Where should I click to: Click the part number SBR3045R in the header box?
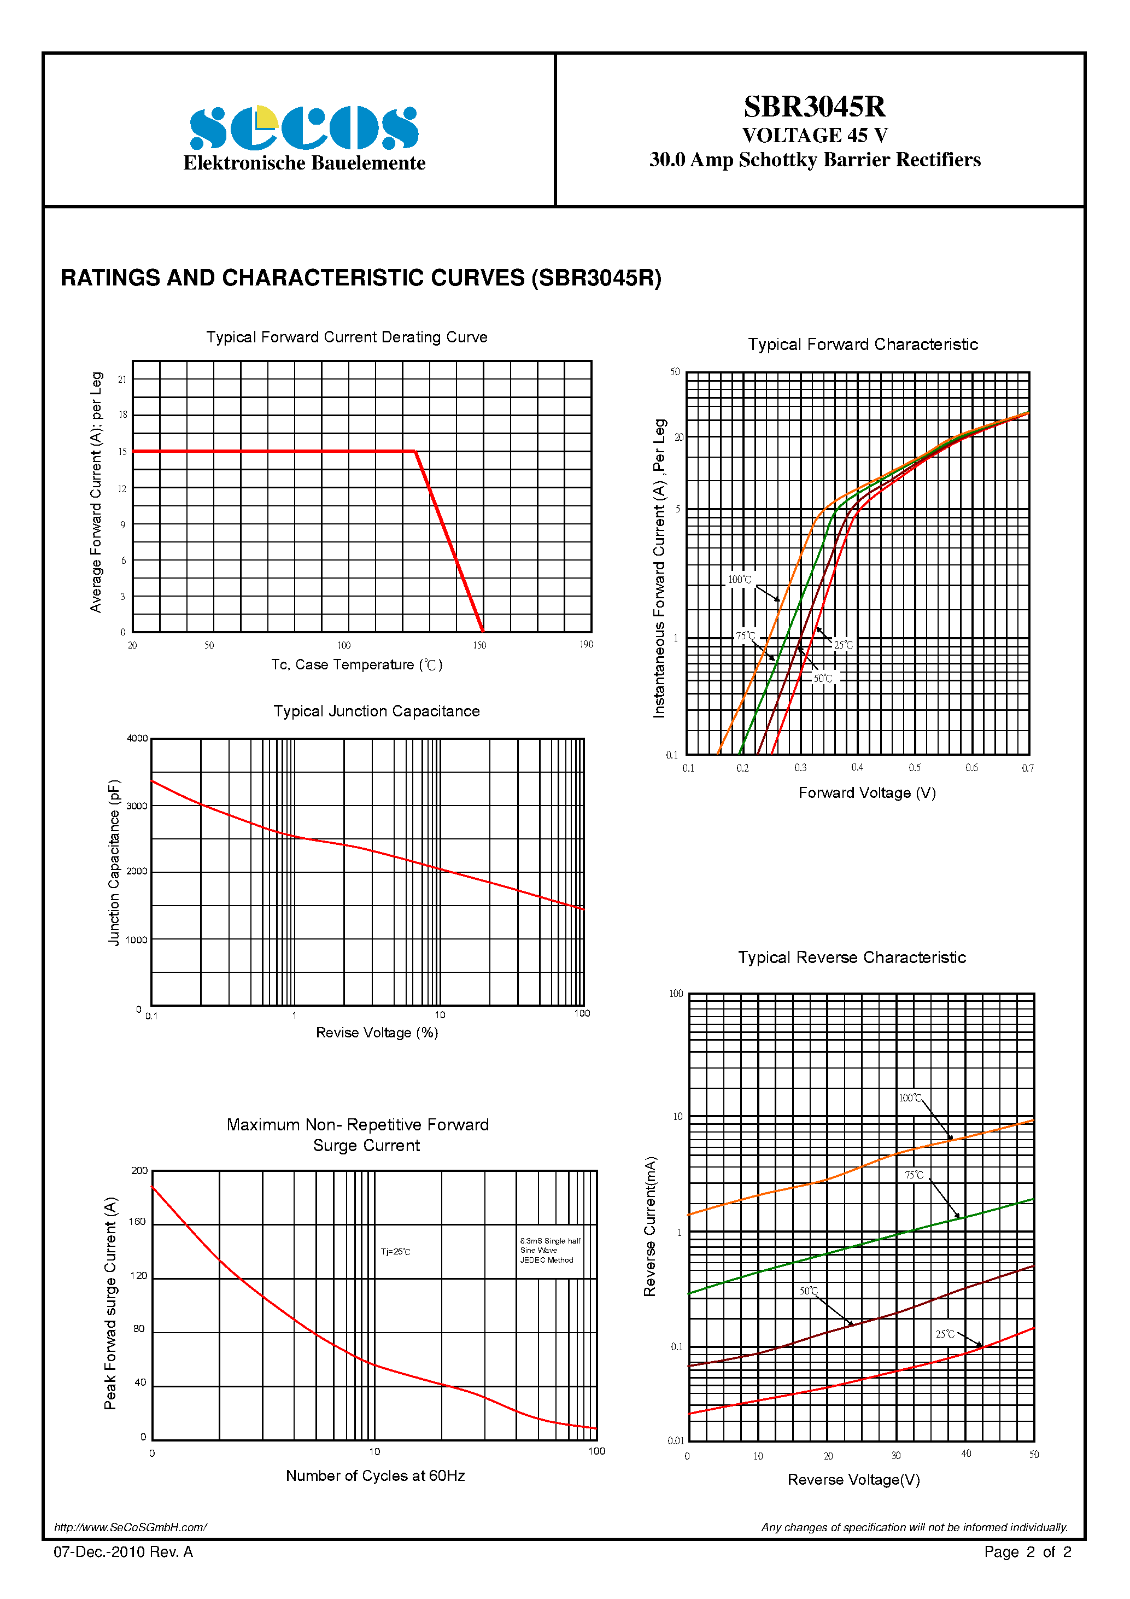coord(814,107)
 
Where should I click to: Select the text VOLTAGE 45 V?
coord(814,135)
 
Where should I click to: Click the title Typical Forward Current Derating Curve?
coord(347,337)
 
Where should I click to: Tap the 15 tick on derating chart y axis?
coord(122,451)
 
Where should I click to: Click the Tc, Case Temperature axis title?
coord(356,665)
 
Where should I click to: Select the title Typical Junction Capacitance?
coord(376,711)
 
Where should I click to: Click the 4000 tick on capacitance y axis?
coord(137,738)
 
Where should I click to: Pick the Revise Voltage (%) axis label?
coord(377,1032)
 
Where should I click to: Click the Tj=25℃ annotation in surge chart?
coord(395,1252)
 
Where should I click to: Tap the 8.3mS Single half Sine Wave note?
coord(549,1250)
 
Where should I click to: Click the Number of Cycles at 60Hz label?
coord(375,1476)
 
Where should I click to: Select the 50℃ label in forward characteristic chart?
coord(823,678)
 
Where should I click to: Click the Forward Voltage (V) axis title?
coord(867,792)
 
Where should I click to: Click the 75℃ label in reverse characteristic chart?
coord(914,1175)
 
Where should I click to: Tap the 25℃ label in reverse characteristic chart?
coord(945,1334)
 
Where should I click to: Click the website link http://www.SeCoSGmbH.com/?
coord(130,1527)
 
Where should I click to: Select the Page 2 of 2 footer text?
coord(1027,1551)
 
